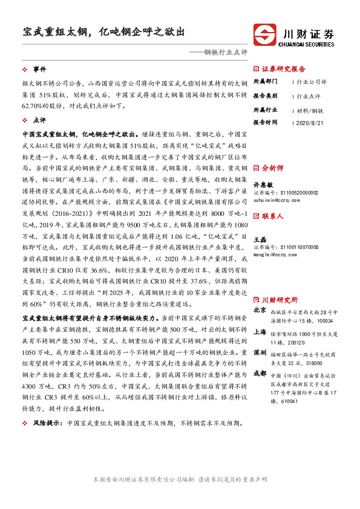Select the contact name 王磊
coord(260,240)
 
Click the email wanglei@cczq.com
coord(274,255)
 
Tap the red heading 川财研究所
coord(280,299)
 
